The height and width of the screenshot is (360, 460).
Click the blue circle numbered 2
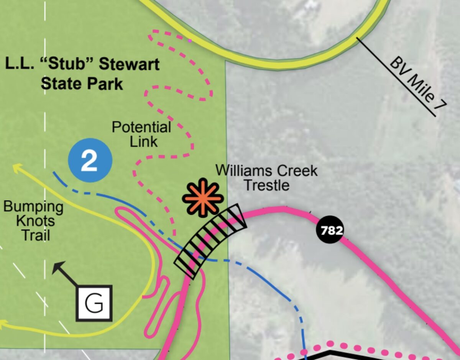coord(90,160)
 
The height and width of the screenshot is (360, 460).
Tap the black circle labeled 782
coord(330,231)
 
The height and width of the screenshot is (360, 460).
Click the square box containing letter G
coord(94,303)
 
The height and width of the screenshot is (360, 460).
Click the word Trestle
coord(266,185)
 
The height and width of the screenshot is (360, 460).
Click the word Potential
coord(141,127)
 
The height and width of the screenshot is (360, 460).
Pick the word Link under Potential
coord(143,141)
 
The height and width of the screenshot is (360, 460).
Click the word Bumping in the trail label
coord(33,207)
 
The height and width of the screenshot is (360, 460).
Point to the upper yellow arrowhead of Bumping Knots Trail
coord(16,167)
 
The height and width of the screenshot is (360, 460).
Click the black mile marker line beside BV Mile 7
coord(396,77)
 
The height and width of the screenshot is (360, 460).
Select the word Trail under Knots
coord(36,235)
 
